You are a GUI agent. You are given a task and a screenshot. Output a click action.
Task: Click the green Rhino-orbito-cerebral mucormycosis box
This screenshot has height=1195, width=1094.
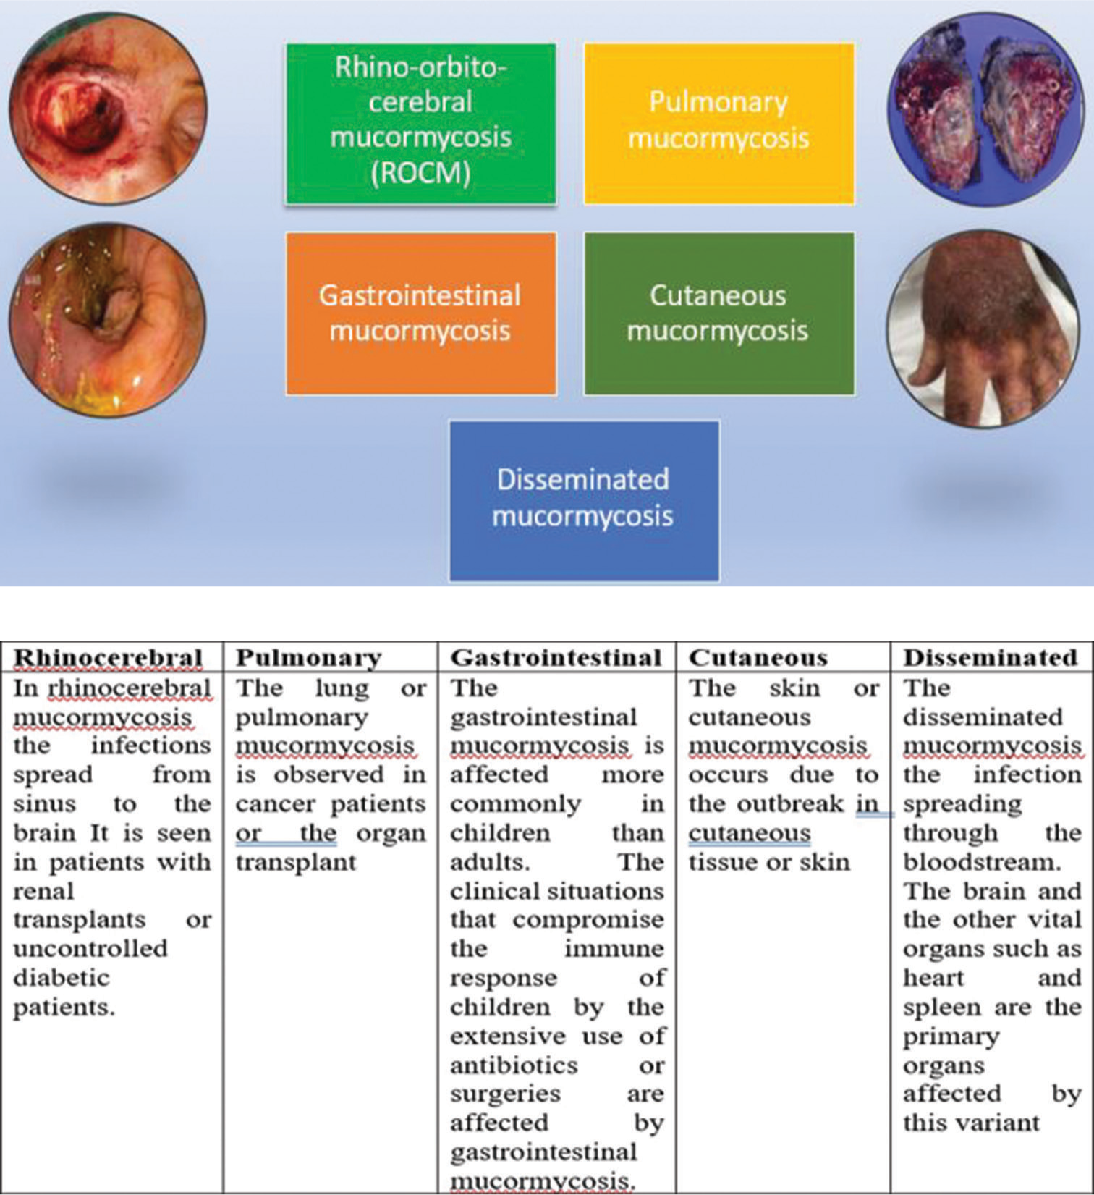[420, 124]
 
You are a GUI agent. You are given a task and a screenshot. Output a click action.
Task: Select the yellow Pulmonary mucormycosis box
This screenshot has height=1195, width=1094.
[719, 124]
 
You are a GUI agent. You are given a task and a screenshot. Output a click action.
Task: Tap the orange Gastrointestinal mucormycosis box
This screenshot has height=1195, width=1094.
[421, 313]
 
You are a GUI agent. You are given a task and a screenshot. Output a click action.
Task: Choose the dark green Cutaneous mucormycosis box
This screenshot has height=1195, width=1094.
[719, 313]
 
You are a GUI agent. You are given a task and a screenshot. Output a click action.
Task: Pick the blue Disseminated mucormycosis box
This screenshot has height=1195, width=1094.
[584, 500]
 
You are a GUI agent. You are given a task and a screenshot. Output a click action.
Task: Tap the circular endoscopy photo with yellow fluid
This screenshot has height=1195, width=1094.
[108, 320]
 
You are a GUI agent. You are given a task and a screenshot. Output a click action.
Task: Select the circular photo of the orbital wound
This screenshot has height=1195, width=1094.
[108, 108]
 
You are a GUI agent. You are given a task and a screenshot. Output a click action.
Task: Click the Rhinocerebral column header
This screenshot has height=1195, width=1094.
[109, 657]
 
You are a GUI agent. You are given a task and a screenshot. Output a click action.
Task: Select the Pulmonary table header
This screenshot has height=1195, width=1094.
[308, 657]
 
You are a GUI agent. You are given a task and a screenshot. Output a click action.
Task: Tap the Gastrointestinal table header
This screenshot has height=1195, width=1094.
[556, 657]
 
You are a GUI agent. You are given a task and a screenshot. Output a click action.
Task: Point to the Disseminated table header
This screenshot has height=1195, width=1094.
[991, 657]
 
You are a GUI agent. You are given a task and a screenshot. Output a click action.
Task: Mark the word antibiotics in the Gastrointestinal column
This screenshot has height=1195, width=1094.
[514, 1065]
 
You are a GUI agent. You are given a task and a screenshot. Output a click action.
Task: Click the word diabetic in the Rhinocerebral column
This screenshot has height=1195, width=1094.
[62, 978]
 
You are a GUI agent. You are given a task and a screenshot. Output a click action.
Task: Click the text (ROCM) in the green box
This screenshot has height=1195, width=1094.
[420, 174]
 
